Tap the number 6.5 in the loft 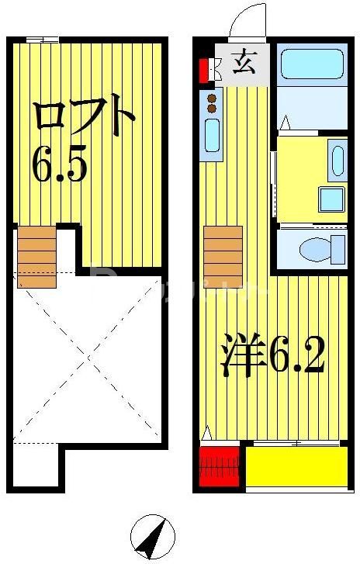pyautogui.click(x=59, y=164)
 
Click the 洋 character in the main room pyautogui.click(x=239, y=356)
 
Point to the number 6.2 pyautogui.click(x=296, y=356)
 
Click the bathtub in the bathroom pyautogui.click(x=310, y=64)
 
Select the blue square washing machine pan pyautogui.click(x=331, y=199)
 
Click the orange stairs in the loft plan pyautogui.click(x=37, y=257)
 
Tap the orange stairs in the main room pyautogui.click(x=223, y=257)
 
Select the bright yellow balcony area pyautogui.click(x=296, y=465)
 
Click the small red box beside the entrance pyautogui.click(x=204, y=71)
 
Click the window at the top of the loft pyautogui.click(x=42, y=40)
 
